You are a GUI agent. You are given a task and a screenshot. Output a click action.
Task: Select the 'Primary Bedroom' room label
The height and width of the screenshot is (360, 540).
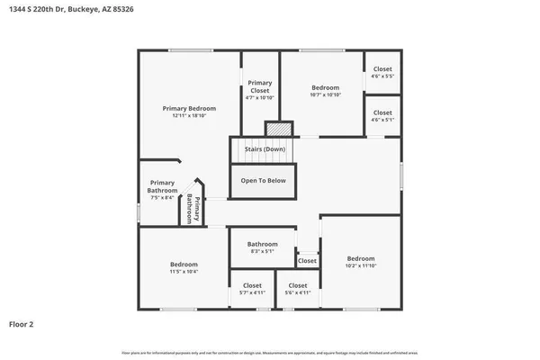tap(189, 108)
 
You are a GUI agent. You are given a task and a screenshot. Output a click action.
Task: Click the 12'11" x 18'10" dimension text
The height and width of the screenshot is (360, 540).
tap(189, 116)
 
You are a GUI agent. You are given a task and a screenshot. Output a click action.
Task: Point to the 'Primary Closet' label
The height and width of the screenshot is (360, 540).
tap(260, 87)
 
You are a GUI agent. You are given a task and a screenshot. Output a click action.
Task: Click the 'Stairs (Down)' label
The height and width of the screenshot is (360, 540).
tap(265, 149)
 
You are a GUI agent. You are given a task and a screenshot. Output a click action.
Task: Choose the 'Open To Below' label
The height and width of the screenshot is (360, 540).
tap(263, 180)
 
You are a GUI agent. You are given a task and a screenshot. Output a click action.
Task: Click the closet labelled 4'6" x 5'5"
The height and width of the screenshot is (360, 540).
tap(382, 73)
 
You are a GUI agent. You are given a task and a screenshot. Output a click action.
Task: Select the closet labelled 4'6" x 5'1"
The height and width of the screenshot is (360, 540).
tap(382, 116)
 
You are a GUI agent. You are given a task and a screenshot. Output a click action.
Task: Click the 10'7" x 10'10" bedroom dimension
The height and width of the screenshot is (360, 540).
tap(325, 94)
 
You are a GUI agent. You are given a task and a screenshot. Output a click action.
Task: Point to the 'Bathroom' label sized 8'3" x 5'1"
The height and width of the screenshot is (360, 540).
tap(263, 247)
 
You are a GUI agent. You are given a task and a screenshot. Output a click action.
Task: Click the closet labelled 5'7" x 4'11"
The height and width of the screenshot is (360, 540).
tap(252, 289)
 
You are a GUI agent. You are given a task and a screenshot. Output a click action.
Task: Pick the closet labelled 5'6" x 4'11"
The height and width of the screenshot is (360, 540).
tap(298, 289)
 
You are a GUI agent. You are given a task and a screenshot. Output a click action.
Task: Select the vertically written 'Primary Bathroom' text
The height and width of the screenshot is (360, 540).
tap(193, 210)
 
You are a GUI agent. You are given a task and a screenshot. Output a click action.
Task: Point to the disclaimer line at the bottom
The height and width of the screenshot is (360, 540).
tap(270, 351)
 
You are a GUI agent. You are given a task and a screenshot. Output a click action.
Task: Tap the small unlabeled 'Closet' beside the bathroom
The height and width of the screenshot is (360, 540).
tap(307, 261)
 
